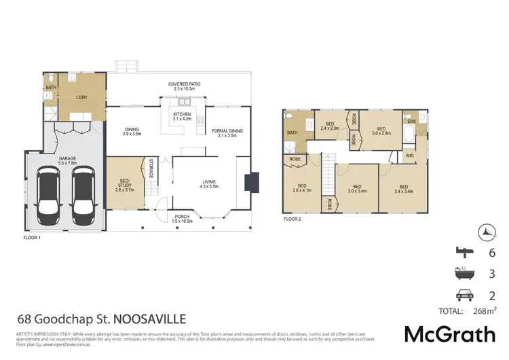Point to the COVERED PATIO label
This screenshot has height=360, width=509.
point(184,86)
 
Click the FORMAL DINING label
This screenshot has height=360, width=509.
point(227,132)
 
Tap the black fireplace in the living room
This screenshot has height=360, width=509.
point(252,181)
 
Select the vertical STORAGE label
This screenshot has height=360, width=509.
point(151,170)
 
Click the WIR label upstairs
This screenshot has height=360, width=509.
point(410,156)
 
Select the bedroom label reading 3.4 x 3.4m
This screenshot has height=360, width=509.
point(404,190)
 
